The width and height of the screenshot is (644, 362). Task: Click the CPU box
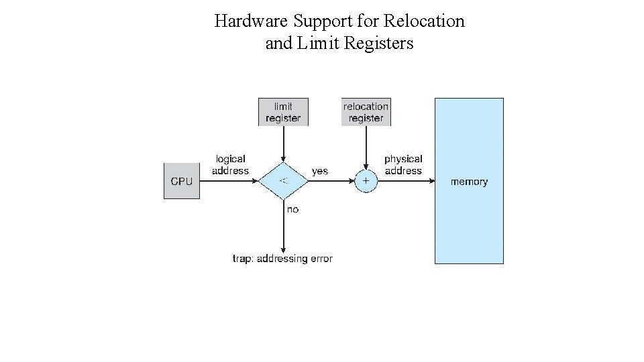[x=182, y=181]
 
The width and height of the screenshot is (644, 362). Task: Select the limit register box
[x=283, y=112]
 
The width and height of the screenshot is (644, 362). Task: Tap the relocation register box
[x=366, y=112]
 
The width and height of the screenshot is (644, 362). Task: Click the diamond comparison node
[x=283, y=181]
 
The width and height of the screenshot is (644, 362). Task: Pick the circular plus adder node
[x=366, y=181]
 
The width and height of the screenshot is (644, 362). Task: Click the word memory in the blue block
[x=469, y=182]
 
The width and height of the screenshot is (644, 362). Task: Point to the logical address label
[x=230, y=165]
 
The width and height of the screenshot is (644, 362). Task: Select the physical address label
[x=403, y=165]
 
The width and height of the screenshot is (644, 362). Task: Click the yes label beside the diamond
[x=320, y=171]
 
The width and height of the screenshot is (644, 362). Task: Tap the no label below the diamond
[x=293, y=210]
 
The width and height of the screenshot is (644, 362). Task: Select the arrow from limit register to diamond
[x=283, y=143]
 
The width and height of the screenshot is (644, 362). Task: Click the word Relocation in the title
[x=424, y=21]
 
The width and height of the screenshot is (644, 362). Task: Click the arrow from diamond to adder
[x=330, y=181]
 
